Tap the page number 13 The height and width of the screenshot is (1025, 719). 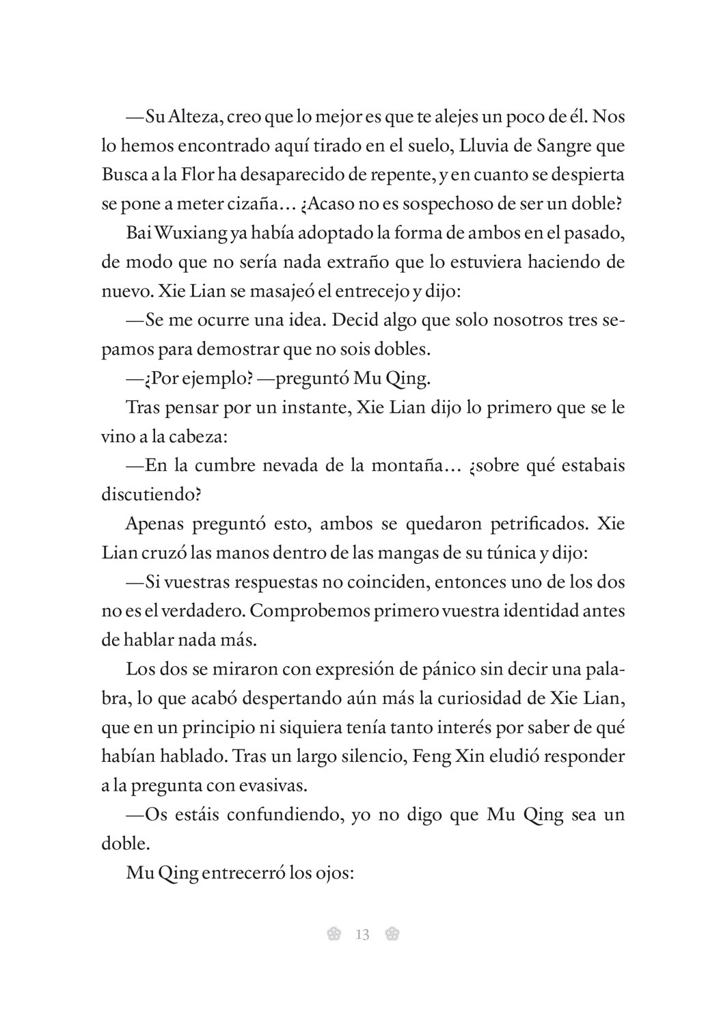(x=362, y=934)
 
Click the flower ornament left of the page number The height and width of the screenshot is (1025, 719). (x=334, y=934)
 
